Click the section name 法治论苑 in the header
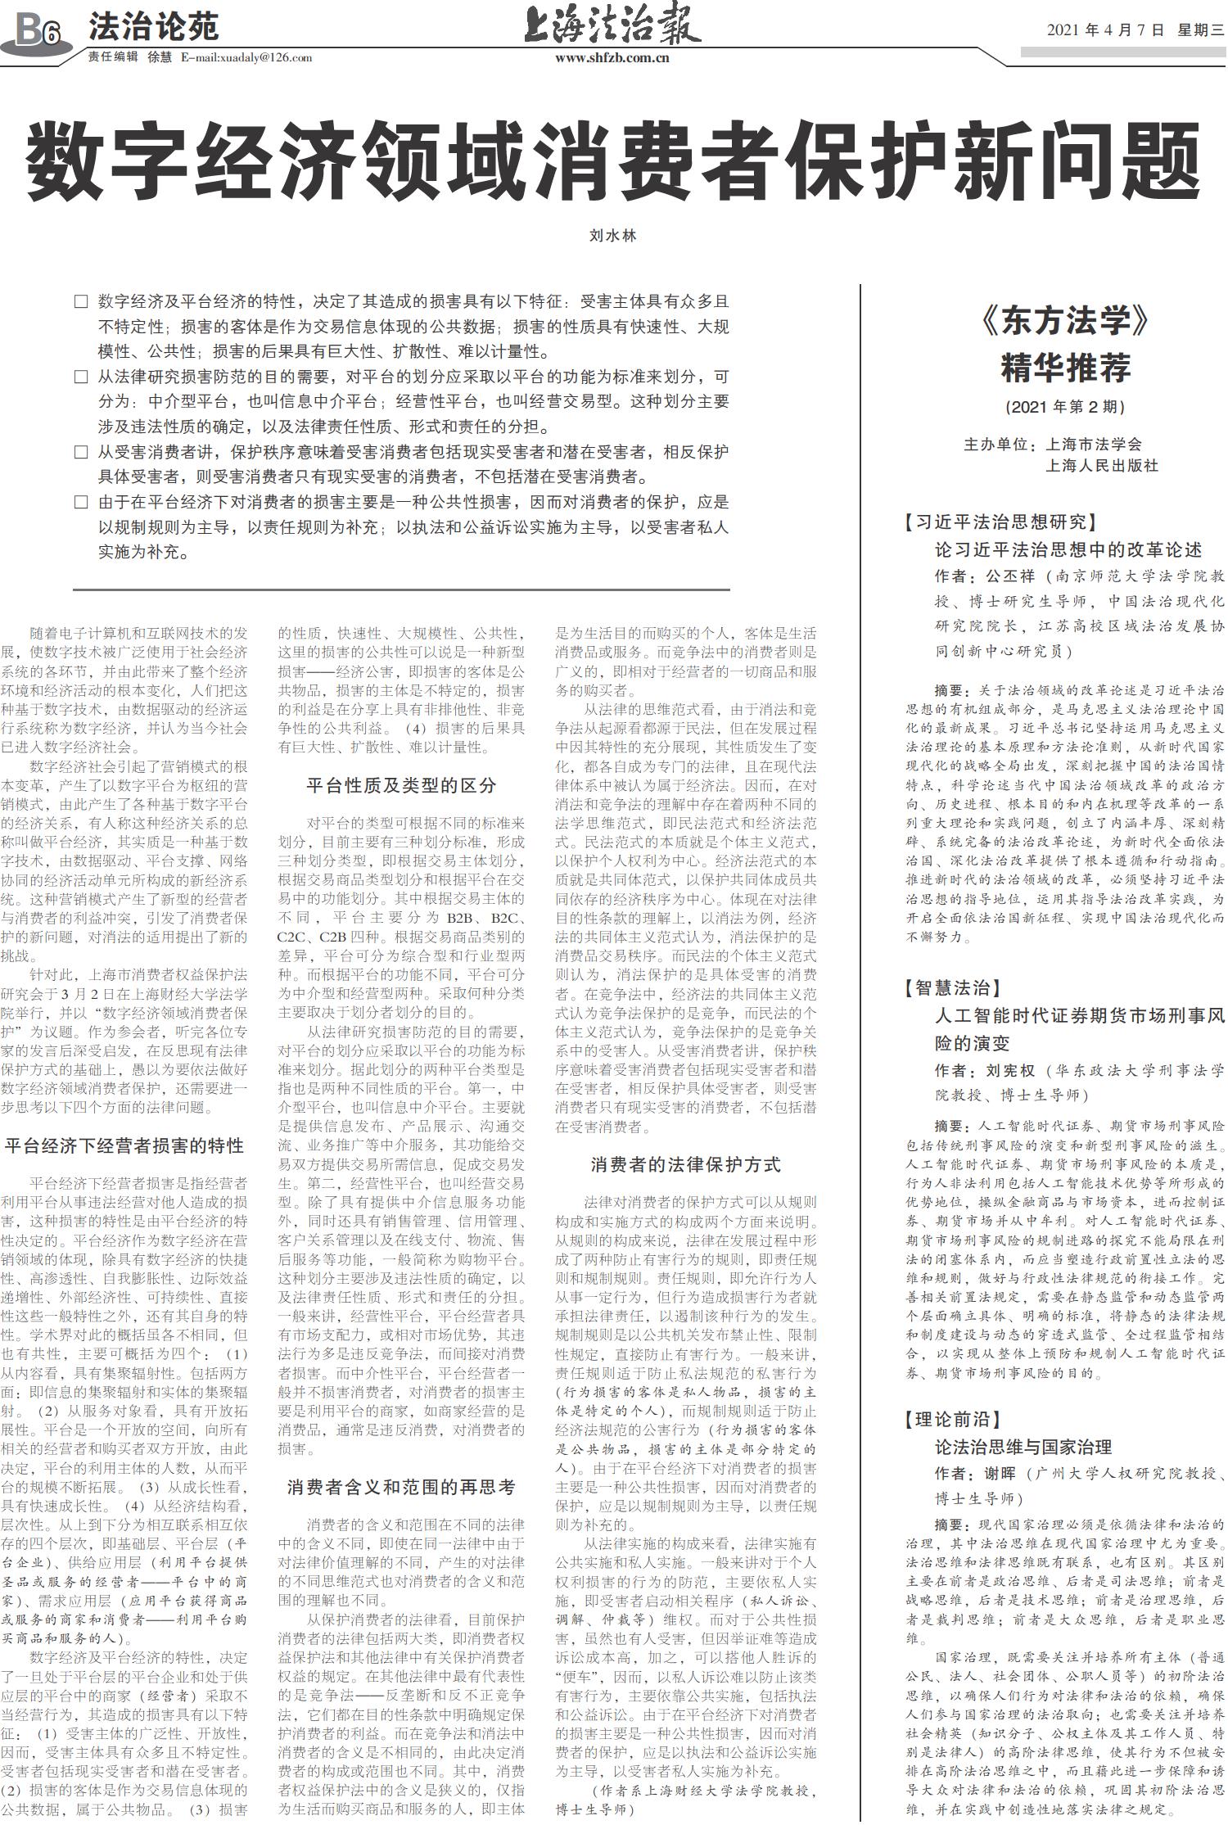tap(153, 27)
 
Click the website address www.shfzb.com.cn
tap(612, 57)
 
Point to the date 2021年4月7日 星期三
tap(1135, 30)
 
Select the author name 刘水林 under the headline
tap(612, 236)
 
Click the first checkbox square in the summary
tap(80, 301)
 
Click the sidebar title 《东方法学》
tap(1065, 321)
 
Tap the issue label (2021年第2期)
tap(1065, 407)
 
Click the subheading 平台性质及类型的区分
tap(401, 785)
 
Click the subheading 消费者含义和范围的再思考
tap(401, 1487)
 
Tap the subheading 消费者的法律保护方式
tap(685, 1164)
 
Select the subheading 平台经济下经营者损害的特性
tap(124, 1145)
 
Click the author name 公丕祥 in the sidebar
tap(1010, 576)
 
